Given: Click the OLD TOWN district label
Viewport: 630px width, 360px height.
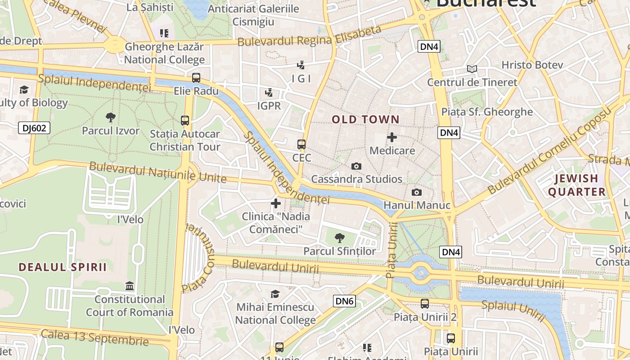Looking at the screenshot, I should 365,119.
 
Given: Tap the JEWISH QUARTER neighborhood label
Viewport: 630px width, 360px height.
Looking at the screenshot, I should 576,185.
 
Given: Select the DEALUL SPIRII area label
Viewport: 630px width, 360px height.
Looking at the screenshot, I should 63,267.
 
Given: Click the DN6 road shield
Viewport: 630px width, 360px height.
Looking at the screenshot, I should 344,301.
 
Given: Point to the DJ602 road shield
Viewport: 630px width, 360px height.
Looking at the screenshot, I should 34,128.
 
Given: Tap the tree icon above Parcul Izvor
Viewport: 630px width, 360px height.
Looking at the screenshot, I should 110,118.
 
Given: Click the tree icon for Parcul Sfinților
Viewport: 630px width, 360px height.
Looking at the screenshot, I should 340,238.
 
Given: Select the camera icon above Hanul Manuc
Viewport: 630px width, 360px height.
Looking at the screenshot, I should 417,193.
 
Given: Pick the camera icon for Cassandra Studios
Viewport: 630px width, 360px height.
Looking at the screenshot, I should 356,166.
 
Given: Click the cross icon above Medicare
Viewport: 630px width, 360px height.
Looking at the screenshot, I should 392,137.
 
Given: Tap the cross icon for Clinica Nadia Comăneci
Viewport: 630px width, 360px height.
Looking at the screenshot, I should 276,203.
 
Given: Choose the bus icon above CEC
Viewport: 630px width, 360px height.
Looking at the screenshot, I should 301,144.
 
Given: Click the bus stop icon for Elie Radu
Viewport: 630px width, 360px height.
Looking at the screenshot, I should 196,77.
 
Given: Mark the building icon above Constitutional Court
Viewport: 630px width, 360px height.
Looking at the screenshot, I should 130,286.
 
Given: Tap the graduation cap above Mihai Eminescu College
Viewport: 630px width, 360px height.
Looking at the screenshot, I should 275,294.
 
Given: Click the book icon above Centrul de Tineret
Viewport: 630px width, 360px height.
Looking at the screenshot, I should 472,69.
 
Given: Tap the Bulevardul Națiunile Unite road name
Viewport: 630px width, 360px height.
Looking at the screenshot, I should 157,172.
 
